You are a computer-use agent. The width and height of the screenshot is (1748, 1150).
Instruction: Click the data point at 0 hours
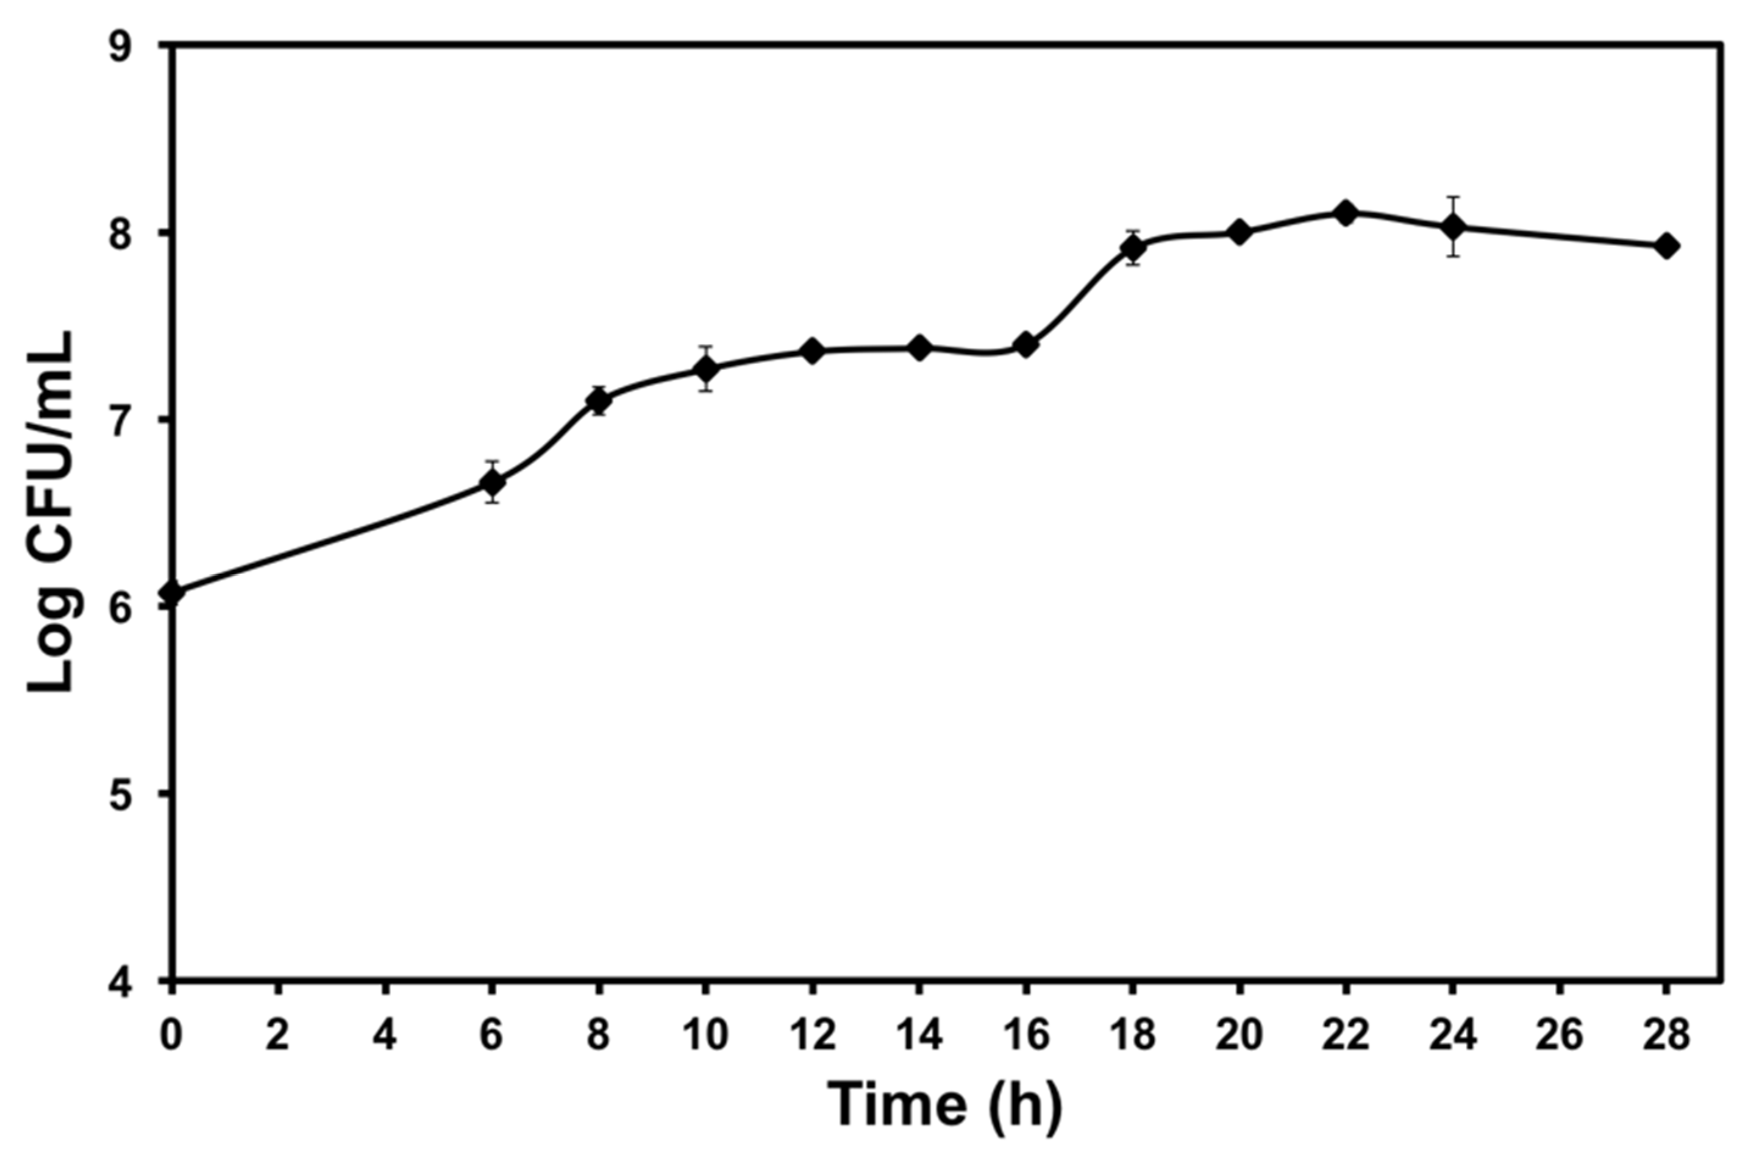coord(171,592)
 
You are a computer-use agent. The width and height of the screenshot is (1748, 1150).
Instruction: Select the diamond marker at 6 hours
coord(492,483)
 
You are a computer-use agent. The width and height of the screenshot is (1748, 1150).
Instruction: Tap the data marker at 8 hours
coord(599,400)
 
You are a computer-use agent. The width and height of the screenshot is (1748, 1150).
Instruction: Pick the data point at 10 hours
coord(706,368)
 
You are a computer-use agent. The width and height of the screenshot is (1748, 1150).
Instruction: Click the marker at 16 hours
coord(1026,344)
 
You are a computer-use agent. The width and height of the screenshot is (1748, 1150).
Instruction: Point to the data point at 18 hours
coord(1133,248)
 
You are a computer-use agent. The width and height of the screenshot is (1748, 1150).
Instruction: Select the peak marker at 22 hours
coord(1346,214)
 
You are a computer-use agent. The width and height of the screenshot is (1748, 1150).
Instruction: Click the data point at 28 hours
coord(1667,246)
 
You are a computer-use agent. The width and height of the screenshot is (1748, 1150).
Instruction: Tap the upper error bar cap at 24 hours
coord(1452,197)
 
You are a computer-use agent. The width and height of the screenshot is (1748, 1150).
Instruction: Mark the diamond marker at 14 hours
coord(919,347)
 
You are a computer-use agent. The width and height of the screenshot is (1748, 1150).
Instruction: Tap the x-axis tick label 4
coord(385,1036)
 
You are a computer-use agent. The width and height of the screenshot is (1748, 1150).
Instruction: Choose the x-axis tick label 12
coord(812,1036)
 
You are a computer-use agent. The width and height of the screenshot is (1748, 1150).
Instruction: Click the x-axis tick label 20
coord(1239,1036)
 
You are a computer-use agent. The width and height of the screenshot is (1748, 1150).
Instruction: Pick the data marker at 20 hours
coord(1239,232)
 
